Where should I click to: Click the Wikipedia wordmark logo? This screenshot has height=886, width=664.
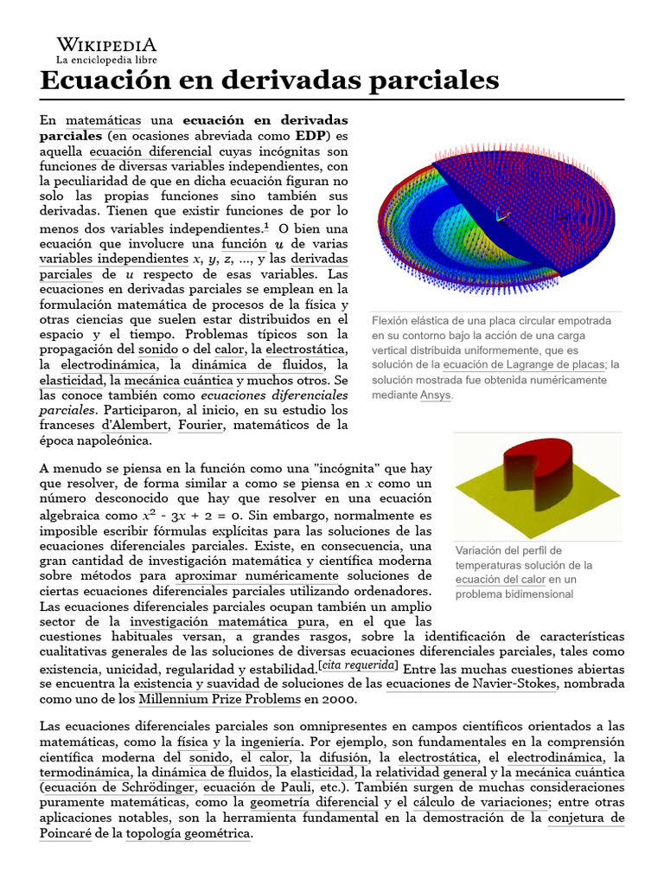click(x=106, y=45)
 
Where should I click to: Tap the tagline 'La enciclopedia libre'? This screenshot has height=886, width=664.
click(x=106, y=60)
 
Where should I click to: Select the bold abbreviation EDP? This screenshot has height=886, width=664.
click(x=310, y=136)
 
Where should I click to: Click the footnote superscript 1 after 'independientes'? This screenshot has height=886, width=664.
click(x=266, y=226)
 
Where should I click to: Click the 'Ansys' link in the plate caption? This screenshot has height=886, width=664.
click(x=435, y=395)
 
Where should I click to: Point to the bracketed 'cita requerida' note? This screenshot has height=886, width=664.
click(x=358, y=665)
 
